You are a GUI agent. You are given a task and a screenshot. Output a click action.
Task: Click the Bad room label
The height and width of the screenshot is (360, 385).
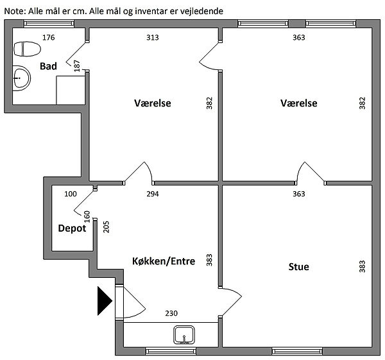48,66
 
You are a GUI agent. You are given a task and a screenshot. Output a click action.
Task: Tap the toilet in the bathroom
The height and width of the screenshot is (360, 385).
26,49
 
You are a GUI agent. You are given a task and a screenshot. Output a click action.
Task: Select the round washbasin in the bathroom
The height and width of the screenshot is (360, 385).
21,79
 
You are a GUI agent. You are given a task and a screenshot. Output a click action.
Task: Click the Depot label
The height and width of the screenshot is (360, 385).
72,228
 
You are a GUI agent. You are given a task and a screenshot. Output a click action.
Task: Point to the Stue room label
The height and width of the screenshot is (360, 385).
298,266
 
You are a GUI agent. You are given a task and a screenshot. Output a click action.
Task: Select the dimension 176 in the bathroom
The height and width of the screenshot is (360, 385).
49,37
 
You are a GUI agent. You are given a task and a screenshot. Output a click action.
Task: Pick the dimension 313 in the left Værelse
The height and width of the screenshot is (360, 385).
152,37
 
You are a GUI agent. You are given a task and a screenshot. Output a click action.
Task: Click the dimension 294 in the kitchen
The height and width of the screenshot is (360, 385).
153,193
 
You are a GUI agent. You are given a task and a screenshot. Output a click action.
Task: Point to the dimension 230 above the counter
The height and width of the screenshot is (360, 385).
171,313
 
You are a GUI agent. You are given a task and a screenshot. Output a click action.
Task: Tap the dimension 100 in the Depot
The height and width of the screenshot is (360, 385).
70,193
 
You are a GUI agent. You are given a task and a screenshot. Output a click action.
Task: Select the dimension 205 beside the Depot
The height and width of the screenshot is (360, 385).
107,227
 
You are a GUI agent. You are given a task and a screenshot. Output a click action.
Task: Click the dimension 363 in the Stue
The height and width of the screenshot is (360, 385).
298,193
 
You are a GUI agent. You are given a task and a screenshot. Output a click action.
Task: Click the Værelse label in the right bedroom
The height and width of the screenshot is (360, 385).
299,103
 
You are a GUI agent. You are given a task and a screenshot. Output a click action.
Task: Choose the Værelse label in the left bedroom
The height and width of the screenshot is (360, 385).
153,103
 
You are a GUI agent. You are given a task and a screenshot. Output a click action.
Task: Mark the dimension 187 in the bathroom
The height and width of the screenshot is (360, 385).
77,65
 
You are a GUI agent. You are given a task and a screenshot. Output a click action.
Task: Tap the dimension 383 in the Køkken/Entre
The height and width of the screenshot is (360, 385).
209,260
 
